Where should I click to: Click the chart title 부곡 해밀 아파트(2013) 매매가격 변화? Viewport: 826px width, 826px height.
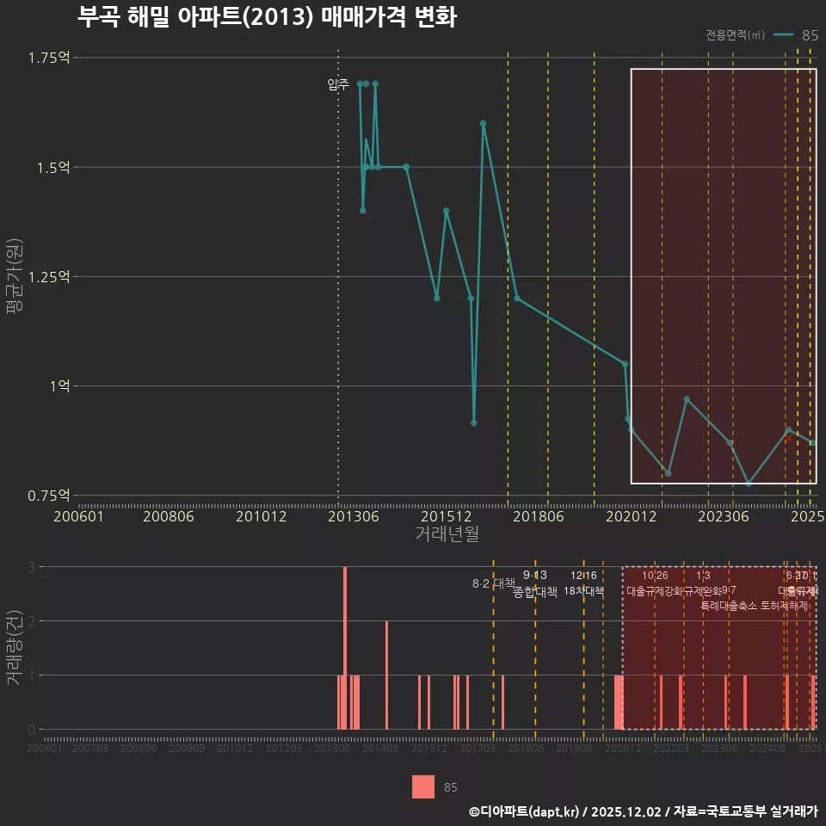(x=267, y=17)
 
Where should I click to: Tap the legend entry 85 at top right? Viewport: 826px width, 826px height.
(x=809, y=35)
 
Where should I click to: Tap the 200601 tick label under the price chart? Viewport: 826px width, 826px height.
(x=79, y=517)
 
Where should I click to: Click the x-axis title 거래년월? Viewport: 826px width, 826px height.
(x=447, y=534)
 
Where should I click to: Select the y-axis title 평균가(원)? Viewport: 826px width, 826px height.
(x=15, y=276)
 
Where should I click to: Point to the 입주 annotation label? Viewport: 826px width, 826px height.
(x=337, y=84)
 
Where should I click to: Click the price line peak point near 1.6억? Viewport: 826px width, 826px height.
(x=484, y=123)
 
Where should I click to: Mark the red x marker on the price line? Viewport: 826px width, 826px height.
(x=787, y=439)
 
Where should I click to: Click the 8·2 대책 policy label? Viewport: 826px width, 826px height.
(x=493, y=583)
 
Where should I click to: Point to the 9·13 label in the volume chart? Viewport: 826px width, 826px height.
(x=534, y=575)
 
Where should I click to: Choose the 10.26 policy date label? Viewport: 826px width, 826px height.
(x=655, y=576)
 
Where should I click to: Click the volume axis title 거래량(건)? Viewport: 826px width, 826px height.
(x=15, y=648)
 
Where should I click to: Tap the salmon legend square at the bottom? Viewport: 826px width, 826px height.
(x=423, y=786)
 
